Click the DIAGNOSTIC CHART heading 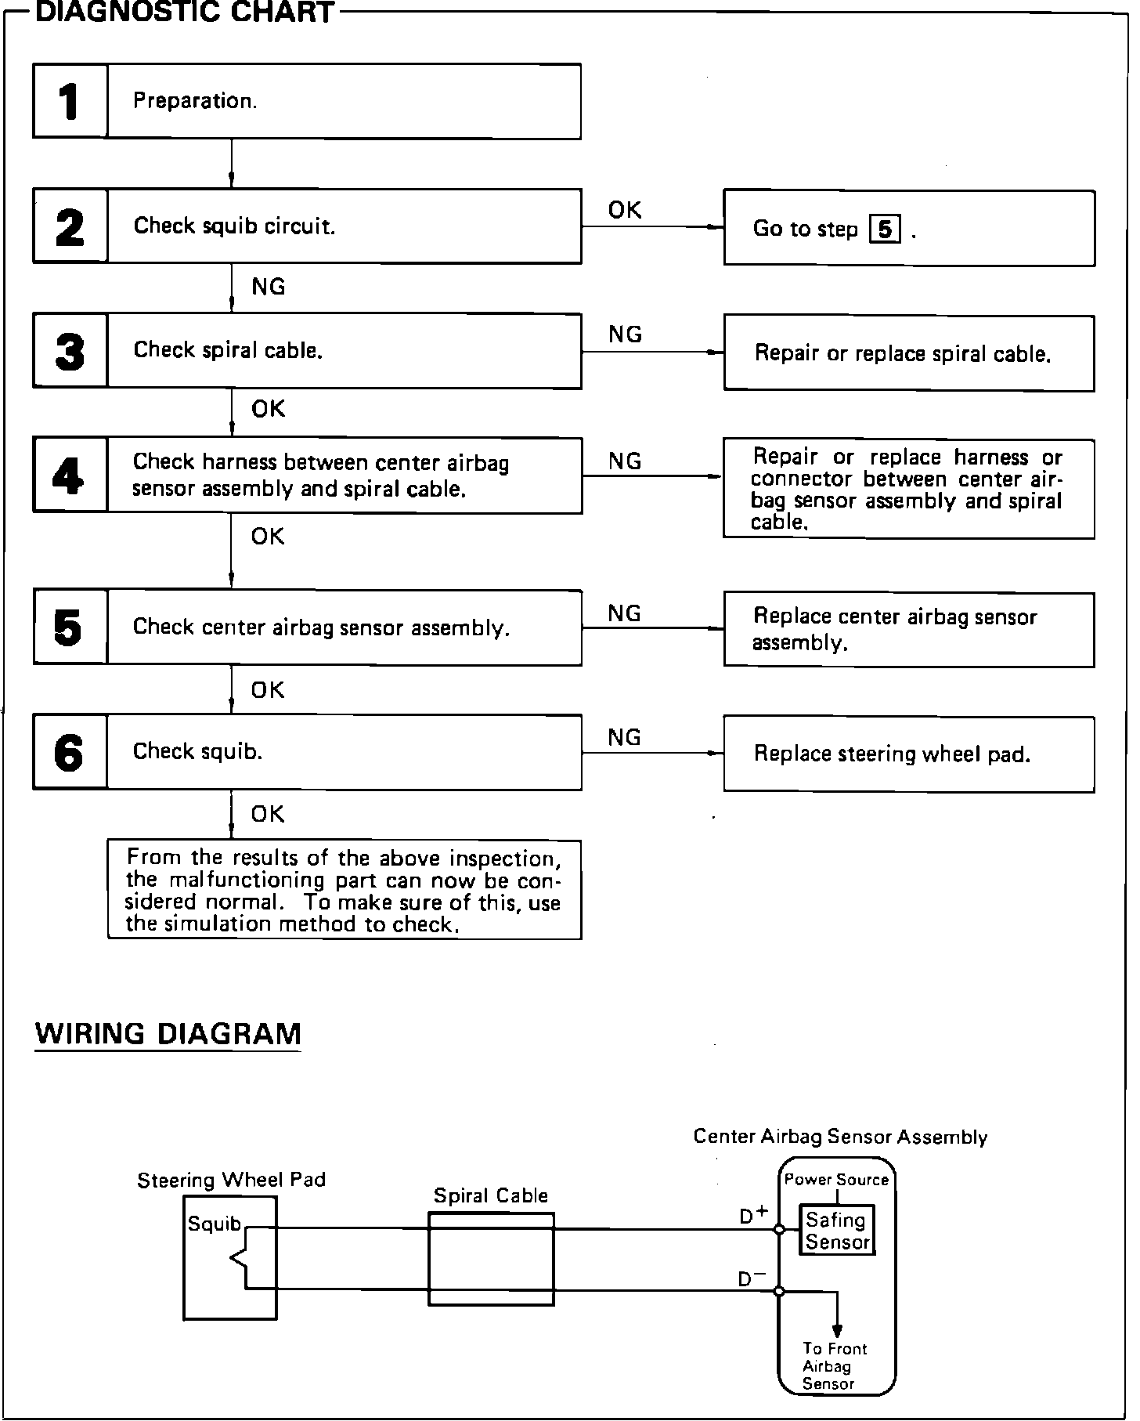click(x=186, y=13)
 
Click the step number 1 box click(x=70, y=102)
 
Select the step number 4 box click(x=70, y=475)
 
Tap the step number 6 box click(x=70, y=752)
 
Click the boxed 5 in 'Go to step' click(x=885, y=230)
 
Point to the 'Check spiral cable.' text click(x=228, y=350)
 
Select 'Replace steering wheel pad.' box click(x=908, y=754)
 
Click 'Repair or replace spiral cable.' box click(x=908, y=353)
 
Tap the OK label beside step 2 click(x=625, y=210)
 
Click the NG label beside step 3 click(x=625, y=334)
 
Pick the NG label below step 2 click(x=269, y=287)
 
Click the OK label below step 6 click(x=268, y=815)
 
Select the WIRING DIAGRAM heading click(x=168, y=1034)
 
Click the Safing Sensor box click(x=837, y=1231)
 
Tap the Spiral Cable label click(x=491, y=1195)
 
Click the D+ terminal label click(x=753, y=1215)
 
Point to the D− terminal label click(x=752, y=1278)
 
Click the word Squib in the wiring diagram click(x=214, y=1224)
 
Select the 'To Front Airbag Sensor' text click(x=834, y=1366)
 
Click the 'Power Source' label click(x=836, y=1180)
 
